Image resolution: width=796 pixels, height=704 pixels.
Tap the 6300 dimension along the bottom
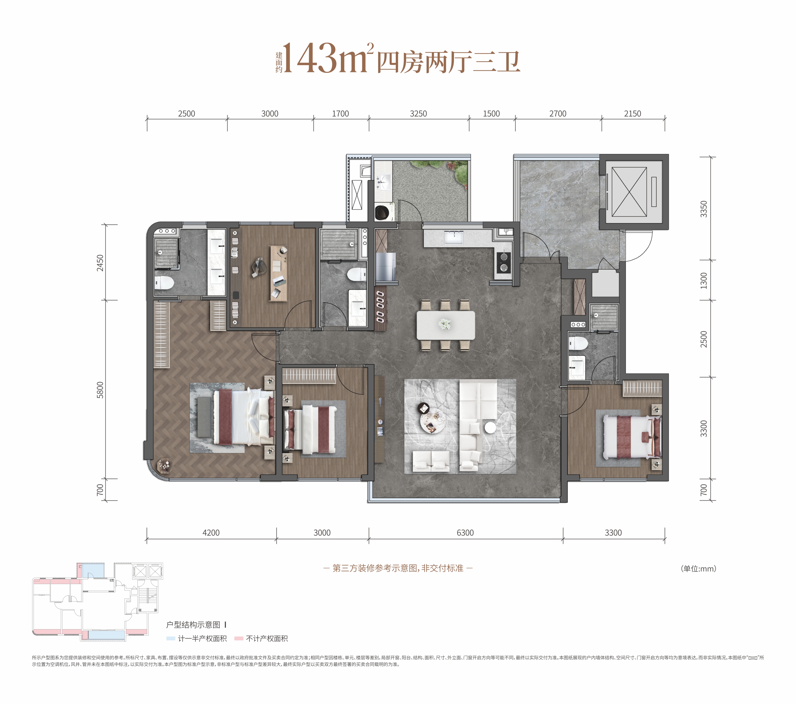point(465,533)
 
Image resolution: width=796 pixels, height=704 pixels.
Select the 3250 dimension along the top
point(418,114)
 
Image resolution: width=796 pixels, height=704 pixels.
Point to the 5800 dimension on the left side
point(100,390)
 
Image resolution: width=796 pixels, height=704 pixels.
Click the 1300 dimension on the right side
point(704,280)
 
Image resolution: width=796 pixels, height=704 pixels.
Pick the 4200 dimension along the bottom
point(211,533)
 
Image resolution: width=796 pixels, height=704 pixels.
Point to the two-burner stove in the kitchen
point(504,262)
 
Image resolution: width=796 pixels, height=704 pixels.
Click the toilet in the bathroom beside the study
point(357,274)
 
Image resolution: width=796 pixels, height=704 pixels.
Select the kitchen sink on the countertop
point(454,237)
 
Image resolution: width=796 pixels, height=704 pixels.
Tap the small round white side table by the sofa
point(490,427)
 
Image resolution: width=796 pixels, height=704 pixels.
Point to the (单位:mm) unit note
point(699,569)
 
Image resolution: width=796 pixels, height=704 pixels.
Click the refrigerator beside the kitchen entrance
point(386,267)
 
